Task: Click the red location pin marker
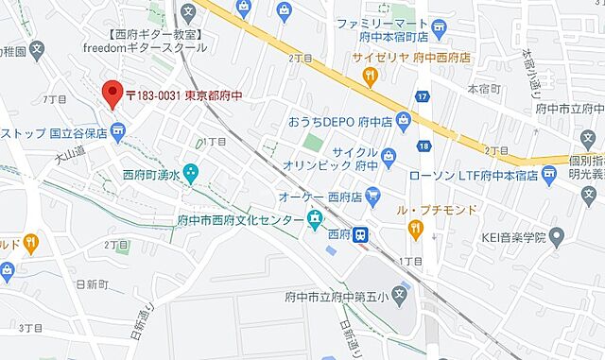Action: click(112, 94)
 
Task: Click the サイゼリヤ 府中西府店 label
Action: click(412, 57)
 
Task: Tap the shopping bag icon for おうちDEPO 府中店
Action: click(405, 120)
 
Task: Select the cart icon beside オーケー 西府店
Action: click(373, 197)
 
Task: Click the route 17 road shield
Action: click(422, 96)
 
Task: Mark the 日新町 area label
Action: click(92, 283)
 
